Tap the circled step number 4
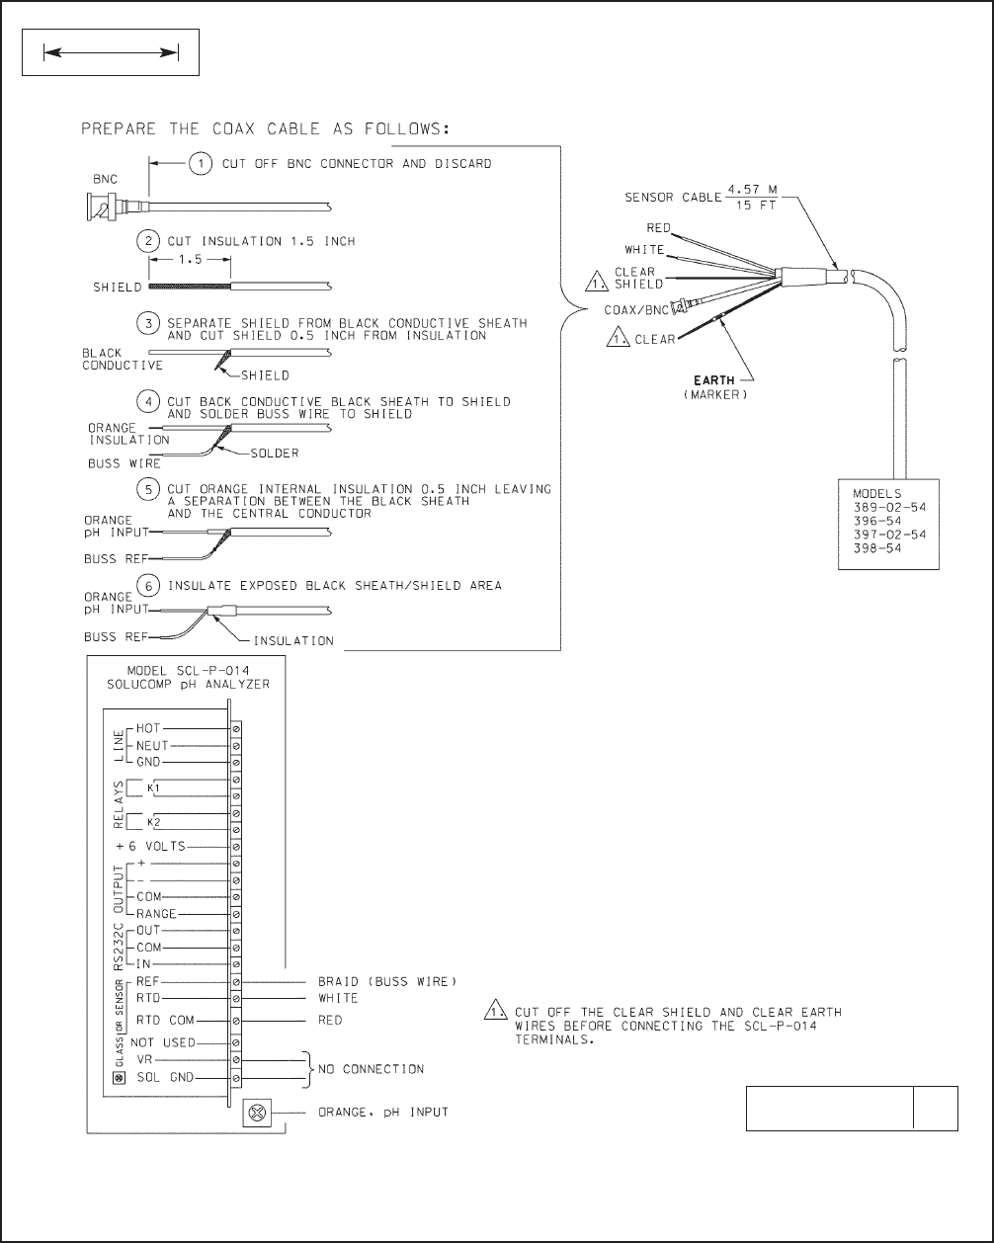click(147, 401)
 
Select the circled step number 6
click(148, 585)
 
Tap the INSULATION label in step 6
click(293, 640)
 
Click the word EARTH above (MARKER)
click(713, 380)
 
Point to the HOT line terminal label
click(163, 727)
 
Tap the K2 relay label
click(153, 822)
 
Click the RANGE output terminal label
click(156, 914)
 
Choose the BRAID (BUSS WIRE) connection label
click(387, 982)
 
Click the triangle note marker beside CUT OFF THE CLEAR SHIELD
click(491, 1012)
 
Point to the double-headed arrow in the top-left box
click(110, 54)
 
